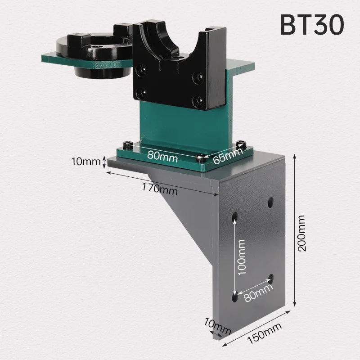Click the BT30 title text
312,25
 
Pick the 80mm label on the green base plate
163,157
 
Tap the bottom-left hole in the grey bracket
235,296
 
